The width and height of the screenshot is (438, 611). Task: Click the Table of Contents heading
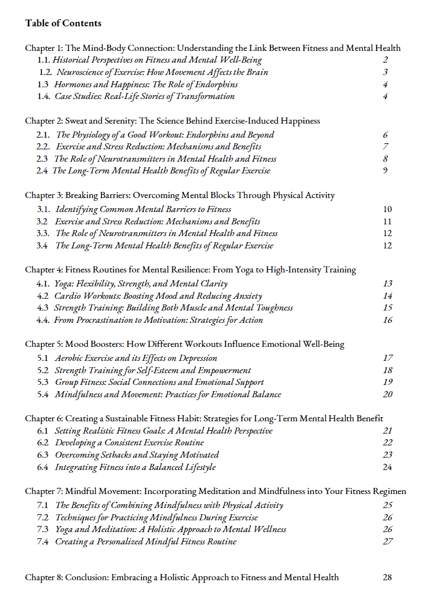click(x=63, y=23)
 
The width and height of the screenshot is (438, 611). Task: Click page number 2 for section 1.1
click(x=385, y=60)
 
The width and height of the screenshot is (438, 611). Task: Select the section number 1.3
click(x=44, y=84)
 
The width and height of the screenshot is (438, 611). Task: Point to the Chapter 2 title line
click(x=173, y=121)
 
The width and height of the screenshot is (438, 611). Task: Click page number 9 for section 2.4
click(x=385, y=171)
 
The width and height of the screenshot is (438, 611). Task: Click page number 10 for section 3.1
click(x=387, y=209)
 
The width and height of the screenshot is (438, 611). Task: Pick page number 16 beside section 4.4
click(x=388, y=320)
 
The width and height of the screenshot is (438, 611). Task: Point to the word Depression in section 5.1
click(x=198, y=358)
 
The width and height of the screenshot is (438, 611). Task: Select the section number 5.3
click(x=44, y=382)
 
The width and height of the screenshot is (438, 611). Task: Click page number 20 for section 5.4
click(x=388, y=394)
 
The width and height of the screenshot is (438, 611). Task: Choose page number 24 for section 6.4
click(x=388, y=467)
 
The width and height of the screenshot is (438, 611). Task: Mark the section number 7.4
click(x=44, y=541)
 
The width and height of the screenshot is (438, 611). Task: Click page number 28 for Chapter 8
click(x=388, y=577)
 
